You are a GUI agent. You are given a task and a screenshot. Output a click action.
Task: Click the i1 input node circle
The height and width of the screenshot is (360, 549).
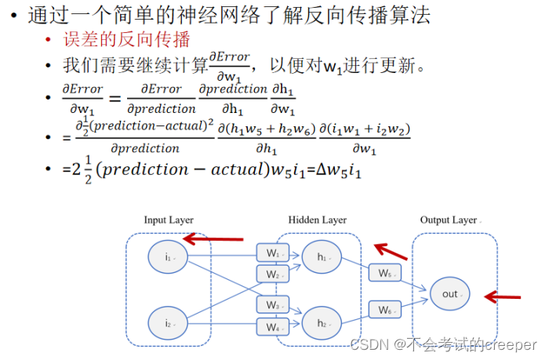[x=167, y=257]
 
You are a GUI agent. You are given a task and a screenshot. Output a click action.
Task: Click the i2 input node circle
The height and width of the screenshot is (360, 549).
[x=167, y=322]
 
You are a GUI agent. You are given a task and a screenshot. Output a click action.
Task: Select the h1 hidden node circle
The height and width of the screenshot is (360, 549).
[x=322, y=257]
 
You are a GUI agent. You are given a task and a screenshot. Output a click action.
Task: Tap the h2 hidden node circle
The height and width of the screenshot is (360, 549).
[x=322, y=322]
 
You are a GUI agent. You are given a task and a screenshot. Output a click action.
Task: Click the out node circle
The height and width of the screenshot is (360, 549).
[x=450, y=294]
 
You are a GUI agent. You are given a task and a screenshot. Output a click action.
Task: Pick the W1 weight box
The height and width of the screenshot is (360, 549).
[x=272, y=253]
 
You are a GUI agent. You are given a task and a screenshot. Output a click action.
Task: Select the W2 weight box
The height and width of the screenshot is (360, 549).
[x=272, y=275]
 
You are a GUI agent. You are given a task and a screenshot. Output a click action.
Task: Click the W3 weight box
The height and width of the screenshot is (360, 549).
[x=272, y=304]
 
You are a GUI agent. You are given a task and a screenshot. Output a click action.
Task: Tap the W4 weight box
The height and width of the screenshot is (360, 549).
[x=272, y=326]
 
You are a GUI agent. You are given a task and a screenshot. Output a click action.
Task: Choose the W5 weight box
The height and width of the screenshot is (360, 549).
[x=384, y=274]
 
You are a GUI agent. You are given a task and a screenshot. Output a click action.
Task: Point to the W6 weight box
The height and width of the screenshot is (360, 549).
[x=384, y=311]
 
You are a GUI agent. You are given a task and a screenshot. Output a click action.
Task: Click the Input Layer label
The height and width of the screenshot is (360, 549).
[x=168, y=220]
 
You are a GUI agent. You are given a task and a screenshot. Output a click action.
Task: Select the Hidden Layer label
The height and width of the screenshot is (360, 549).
[x=317, y=220]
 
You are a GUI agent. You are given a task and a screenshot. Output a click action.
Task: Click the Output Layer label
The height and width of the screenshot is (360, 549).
[x=449, y=220]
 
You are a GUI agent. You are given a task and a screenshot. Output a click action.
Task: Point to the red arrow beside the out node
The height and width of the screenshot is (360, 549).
[x=503, y=296]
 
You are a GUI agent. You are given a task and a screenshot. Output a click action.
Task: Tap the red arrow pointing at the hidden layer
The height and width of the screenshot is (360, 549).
[x=391, y=251]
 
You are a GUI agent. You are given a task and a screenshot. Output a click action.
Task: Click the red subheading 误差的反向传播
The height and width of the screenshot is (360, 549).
[x=127, y=39]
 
